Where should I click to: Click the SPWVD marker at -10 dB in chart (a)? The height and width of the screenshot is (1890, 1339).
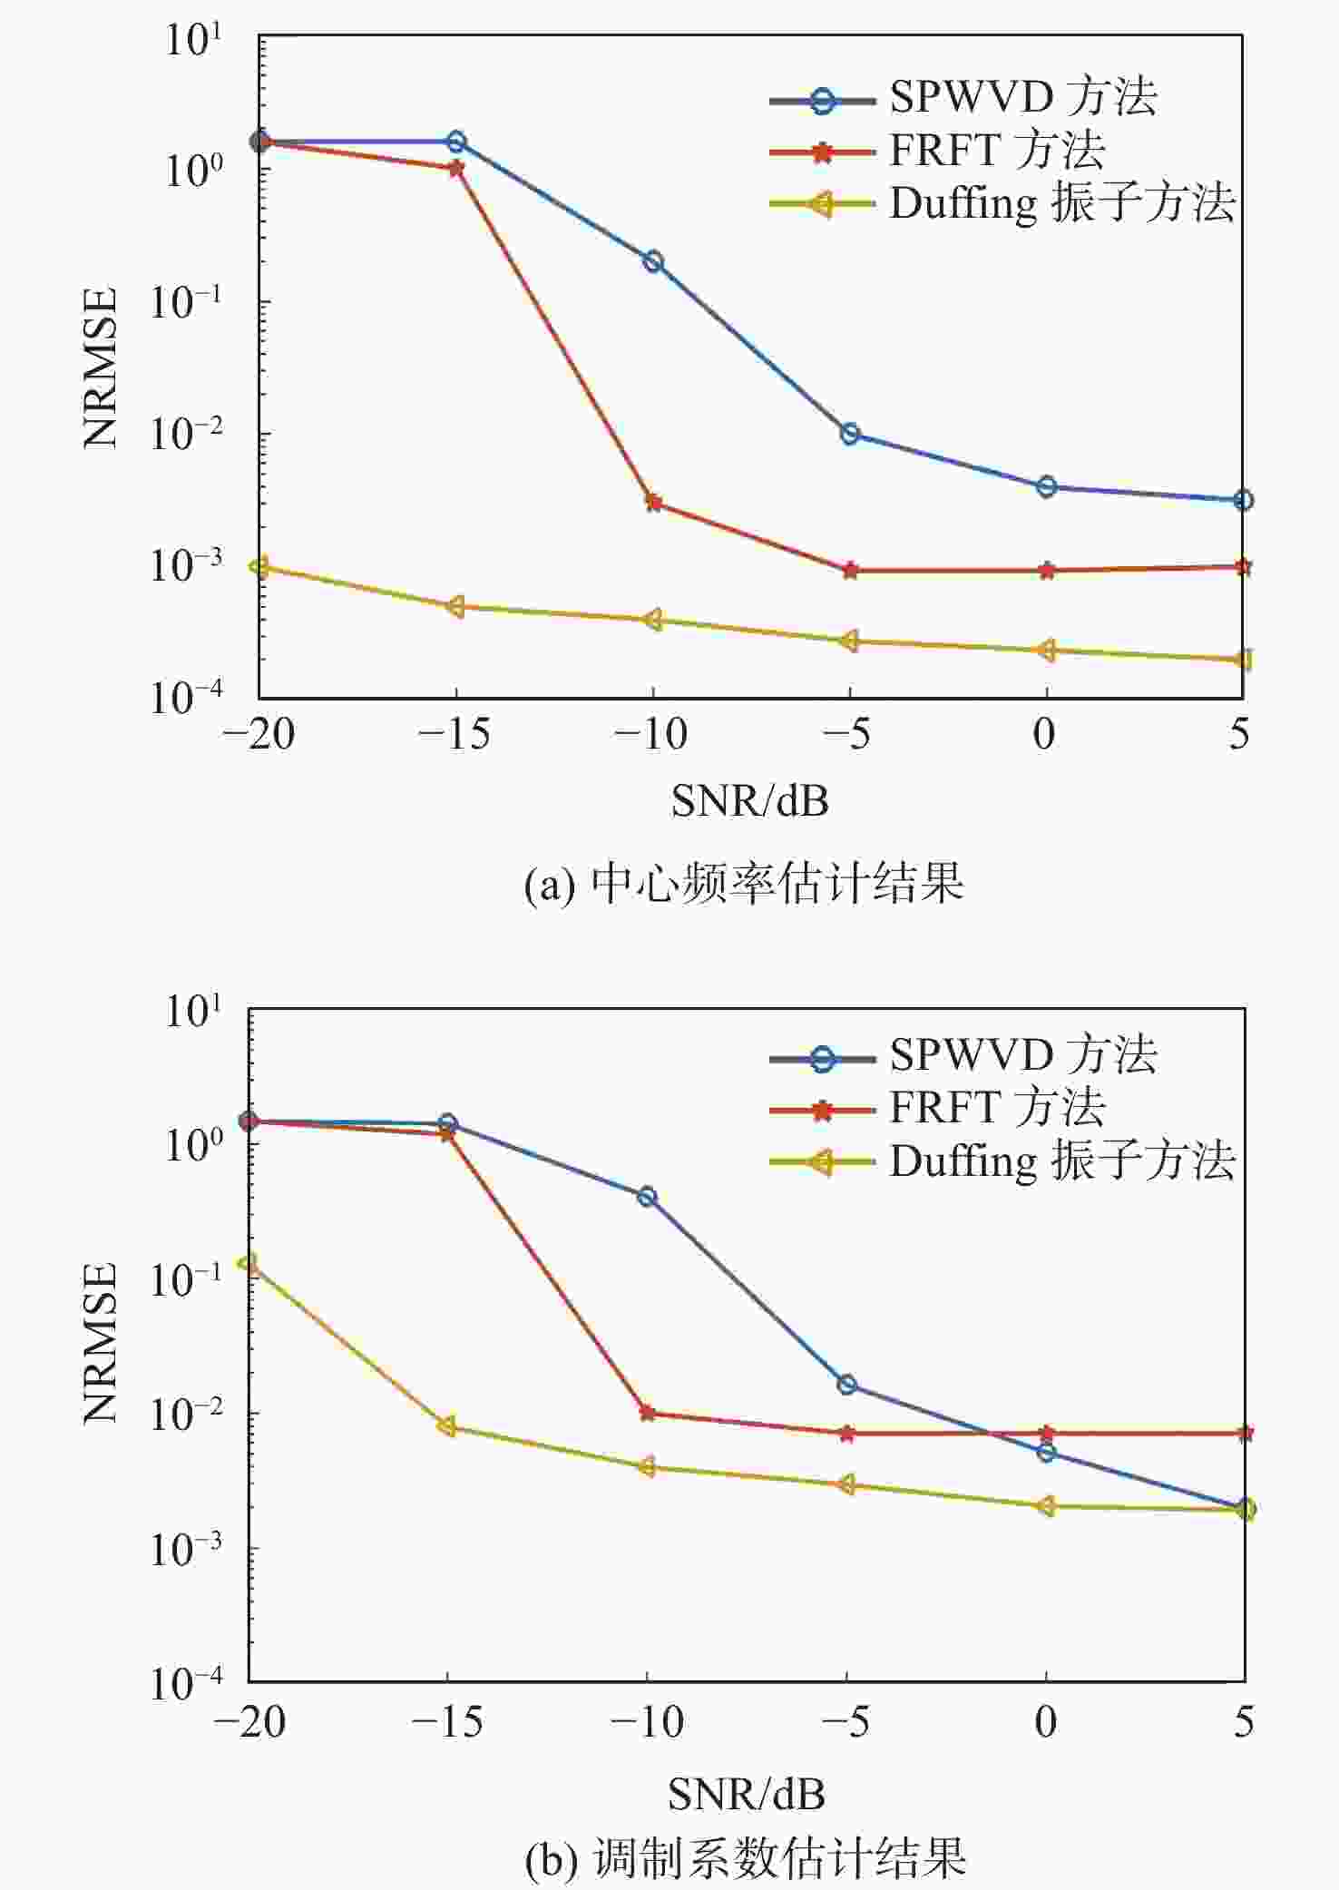click(653, 262)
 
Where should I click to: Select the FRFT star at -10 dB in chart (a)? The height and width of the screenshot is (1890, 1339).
click(653, 502)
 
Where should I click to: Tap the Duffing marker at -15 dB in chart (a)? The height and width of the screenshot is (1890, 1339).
click(455, 606)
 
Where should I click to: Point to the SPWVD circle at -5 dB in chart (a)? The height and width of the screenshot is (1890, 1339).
click(850, 434)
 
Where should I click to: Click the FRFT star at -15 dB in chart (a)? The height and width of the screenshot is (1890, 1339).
click(456, 168)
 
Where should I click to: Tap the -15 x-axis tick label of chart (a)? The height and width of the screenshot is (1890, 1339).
click(454, 734)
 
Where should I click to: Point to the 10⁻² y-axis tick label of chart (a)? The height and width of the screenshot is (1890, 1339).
click(186, 433)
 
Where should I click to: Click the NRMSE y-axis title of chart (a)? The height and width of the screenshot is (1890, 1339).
click(100, 367)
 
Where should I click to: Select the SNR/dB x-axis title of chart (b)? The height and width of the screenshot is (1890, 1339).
click(747, 1794)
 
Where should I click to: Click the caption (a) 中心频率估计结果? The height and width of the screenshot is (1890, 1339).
click(744, 883)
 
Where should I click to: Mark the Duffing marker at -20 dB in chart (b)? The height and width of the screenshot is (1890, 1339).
click(247, 1263)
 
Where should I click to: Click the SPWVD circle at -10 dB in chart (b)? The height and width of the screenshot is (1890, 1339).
click(647, 1197)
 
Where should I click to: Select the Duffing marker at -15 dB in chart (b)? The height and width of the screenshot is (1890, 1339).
click(447, 1427)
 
